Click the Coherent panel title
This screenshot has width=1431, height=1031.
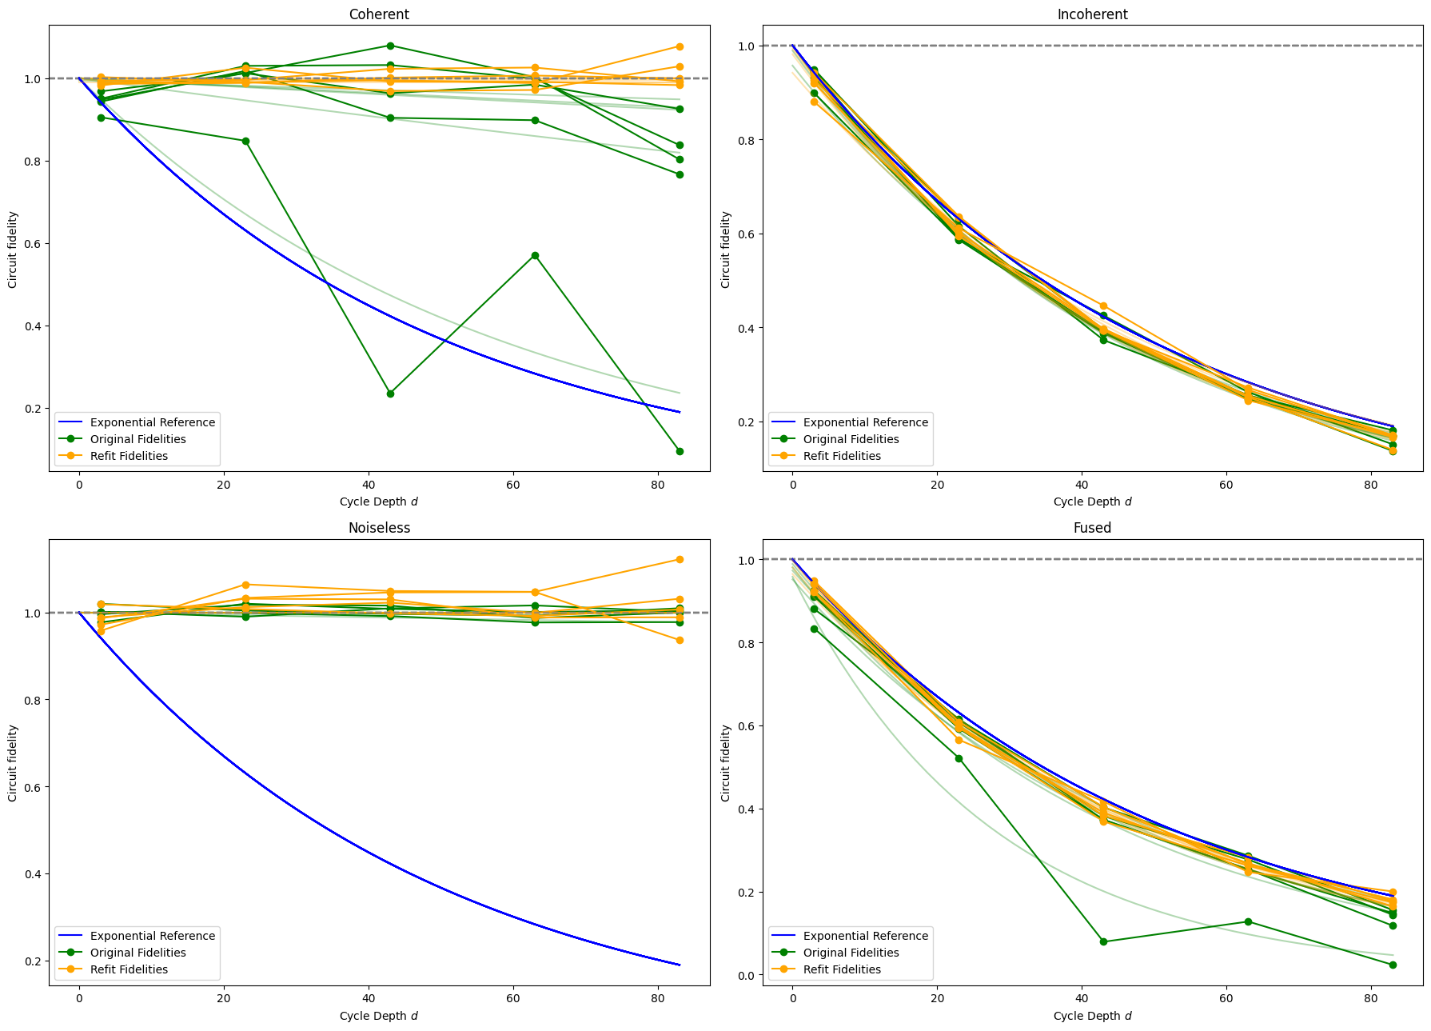pyautogui.click(x=379, y=14)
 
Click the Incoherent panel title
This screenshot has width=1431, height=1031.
pyautogui.click(x=1092, y=14)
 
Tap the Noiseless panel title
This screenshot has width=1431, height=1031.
pyautogui.click(x=379, y=528)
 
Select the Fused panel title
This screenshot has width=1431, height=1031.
pyautogui.click(x=1092, y=528)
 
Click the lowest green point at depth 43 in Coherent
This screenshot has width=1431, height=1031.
pyautogui.click(x=390, y=394)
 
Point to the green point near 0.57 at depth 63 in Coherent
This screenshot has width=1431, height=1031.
pyautogui.click(x=535, y=256)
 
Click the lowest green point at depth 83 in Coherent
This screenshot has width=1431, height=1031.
pyautogui.click(x=680, y=451)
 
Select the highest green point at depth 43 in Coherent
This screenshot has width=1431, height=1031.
pyautogui.click(x=390, y=46)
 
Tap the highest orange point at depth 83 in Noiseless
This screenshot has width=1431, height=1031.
pyautogui.click(x=680, y=559)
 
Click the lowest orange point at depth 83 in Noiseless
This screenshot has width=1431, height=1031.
pyautogui.click(x=680, y=640)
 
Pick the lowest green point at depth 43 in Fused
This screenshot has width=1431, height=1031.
pyautogui.click(x=1103, y=941)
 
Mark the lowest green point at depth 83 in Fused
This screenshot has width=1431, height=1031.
pyautogui.click(x=1393, y=965)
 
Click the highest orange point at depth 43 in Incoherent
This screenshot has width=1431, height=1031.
pyautogui.click(x=1103, y=306)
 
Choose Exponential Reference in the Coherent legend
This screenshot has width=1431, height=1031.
pyautogui.click(x=152, y=422)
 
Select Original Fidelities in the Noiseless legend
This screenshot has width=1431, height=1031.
pyautogui.click(x=138, y=953)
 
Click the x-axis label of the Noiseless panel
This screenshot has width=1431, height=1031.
pyautogui.click(x=379, y=1016)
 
